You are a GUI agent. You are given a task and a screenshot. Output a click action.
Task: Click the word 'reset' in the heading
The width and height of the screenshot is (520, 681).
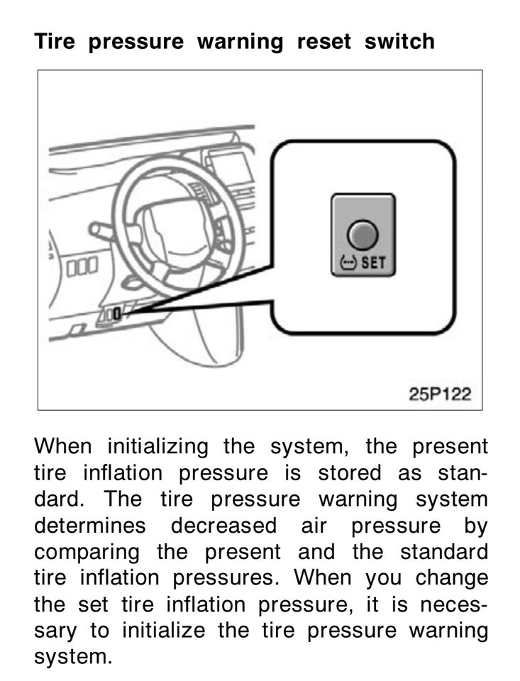[323, 42]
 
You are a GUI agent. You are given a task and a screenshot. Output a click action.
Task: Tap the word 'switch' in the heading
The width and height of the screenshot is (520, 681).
[399, 41]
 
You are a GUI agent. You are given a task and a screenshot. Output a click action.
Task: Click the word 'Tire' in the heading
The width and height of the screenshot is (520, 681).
[55, 41]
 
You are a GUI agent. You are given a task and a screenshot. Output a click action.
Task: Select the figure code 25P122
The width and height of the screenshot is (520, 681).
[440, 394]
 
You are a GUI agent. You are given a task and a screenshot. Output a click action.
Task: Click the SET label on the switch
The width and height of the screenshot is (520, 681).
[374, 262]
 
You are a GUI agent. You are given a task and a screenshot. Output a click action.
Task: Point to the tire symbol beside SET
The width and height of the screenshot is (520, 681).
[348, 262]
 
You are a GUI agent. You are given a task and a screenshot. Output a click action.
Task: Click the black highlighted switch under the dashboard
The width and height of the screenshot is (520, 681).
[116, 314]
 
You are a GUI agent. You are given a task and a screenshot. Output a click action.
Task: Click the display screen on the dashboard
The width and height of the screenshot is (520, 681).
[228, 167]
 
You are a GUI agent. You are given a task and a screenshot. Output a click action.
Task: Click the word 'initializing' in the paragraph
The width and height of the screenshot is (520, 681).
[158, 447]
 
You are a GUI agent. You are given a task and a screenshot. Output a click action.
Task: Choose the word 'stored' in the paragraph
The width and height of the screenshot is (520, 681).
[349, 472]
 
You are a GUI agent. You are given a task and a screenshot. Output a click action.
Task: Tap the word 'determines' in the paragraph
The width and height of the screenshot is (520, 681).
[90, 525]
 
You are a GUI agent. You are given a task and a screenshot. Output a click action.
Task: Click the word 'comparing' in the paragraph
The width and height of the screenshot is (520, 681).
[87, 553]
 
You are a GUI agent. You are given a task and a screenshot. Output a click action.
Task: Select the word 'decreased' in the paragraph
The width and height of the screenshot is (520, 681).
[223, 525]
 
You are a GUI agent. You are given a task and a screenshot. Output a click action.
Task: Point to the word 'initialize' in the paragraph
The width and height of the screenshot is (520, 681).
[163, 630]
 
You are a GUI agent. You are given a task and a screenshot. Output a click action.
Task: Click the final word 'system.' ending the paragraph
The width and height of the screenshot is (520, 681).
[73, 658]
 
